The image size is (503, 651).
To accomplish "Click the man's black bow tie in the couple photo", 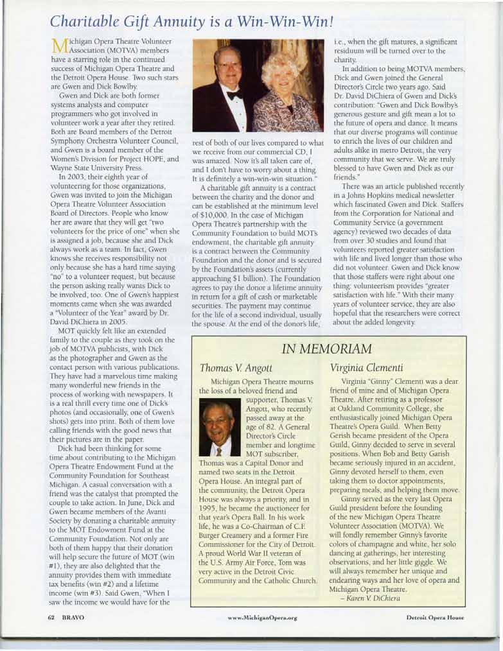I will (x=234, y=95).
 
